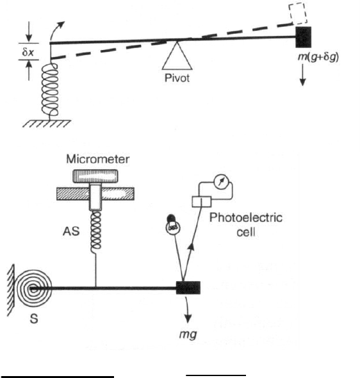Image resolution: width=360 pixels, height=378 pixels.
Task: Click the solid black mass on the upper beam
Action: pyautogui.click(x=304, y=36)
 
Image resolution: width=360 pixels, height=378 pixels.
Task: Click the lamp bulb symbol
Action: pyautogui.click(x=172, y=225)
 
